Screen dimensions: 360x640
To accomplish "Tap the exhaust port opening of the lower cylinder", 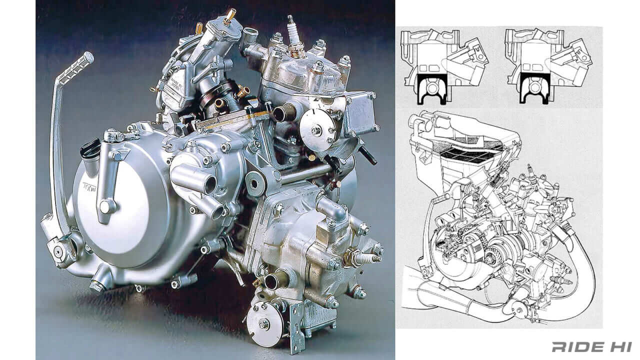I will point(270,280).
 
